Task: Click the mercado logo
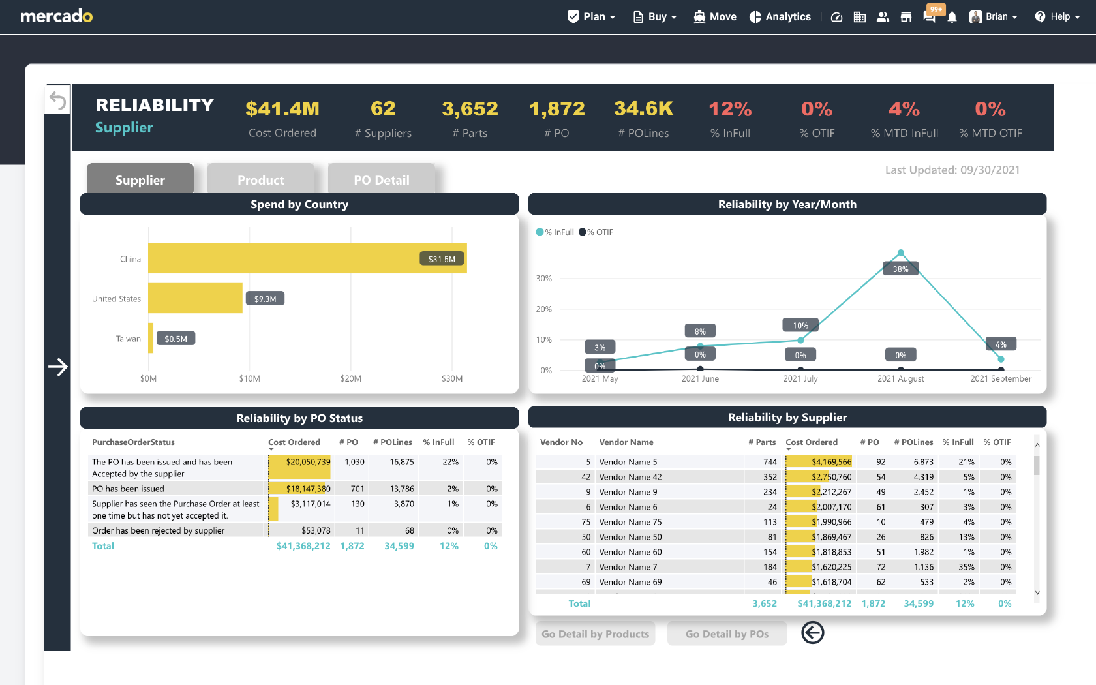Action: point(57,16)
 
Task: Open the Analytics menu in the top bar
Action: point(780,17)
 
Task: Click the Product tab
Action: point(260,180)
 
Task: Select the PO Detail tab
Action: point(381,180)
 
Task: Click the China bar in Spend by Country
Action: point(307,258)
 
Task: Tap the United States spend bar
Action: point(195,298)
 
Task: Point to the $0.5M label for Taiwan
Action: point(175,339)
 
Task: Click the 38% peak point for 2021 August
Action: point(900,252)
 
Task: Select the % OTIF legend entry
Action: point(596,232)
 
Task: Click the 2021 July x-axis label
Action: point(800,378)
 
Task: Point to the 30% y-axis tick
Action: point(543,279)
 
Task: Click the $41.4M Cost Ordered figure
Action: point(282,109)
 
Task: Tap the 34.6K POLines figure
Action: point(643,109)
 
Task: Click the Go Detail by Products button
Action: point(595,633)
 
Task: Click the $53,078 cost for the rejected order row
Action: point(316,530)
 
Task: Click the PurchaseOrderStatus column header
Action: point(133,442)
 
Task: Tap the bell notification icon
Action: point(952,17)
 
